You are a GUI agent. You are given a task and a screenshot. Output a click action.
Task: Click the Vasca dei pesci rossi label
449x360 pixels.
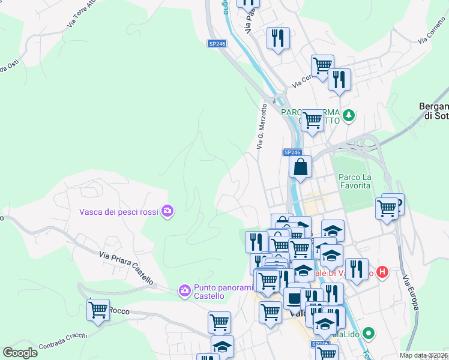point(119,211)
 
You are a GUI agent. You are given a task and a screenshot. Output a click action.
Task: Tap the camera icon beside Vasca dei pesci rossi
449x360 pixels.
point(167,211)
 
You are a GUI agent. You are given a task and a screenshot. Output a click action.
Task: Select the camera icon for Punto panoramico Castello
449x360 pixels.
point(184,291)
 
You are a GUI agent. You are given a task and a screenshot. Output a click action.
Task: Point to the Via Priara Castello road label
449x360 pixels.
point(126,268)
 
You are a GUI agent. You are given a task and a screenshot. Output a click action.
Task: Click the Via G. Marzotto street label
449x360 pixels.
point(262,125)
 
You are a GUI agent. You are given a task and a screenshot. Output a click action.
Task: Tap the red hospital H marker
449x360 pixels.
point(382,272)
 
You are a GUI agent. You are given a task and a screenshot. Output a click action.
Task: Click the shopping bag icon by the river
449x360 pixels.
point(300,166)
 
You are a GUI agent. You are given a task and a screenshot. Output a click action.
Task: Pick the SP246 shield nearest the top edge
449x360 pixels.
point(217,44)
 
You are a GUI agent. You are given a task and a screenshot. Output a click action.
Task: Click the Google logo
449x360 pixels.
point(20,353)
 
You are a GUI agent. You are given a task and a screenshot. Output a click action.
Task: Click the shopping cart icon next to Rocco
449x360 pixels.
point(98,310)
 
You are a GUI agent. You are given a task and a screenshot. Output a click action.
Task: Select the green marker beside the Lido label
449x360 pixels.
point(369,333)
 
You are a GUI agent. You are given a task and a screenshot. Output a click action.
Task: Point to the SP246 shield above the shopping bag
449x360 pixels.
point(292,152)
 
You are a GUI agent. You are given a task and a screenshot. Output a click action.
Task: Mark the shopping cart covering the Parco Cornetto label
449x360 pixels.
point(312,120)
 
